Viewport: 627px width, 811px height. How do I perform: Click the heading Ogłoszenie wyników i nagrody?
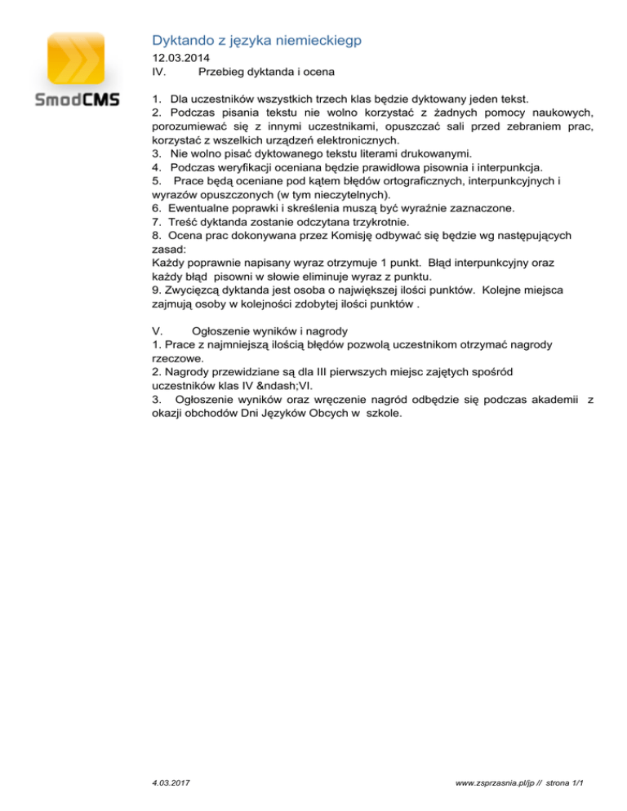270,331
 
